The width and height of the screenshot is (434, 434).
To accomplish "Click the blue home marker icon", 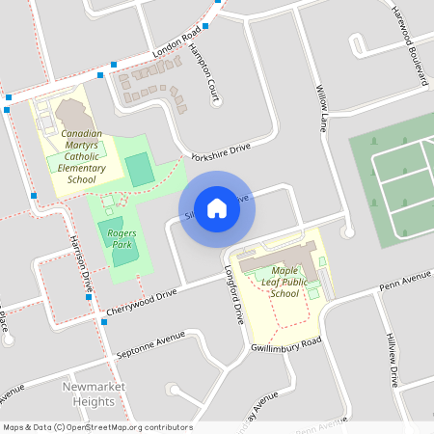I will click(x=217, y=207).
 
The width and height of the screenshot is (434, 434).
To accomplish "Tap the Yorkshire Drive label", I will click(x=221, y=151).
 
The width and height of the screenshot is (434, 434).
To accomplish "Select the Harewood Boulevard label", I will click(x=409, y=43).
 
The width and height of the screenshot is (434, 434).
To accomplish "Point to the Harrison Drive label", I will click(x=79, y=266).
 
